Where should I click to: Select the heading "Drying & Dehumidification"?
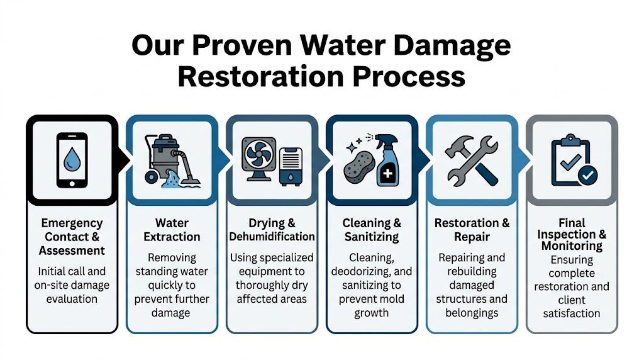click(272, 230)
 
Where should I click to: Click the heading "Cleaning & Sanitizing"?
click(371, 230)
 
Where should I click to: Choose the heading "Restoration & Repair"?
click(472, 230)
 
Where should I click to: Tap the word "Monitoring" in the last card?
click(571, 245)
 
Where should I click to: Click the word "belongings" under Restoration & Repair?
click(472, 312)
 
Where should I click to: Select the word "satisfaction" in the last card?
click(571, 313)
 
